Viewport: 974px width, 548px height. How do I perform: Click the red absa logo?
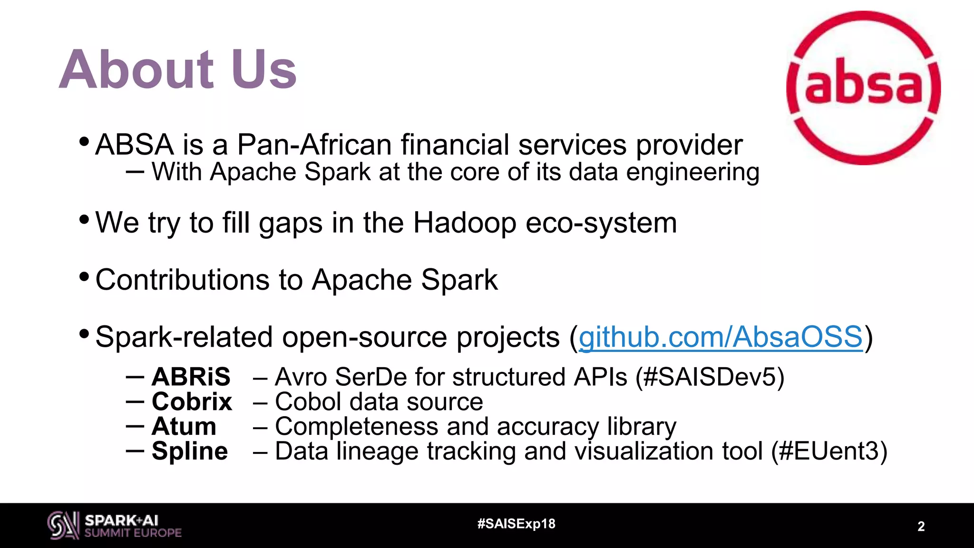pos(863,88)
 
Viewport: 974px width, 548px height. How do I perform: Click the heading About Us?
pos(178,69)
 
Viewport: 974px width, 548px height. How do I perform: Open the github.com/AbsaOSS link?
pos(720,337)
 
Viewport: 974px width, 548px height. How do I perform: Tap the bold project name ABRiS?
pos(191,377)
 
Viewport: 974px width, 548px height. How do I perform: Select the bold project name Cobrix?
pos(192,401)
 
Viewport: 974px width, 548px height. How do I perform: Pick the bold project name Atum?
pos(184,426)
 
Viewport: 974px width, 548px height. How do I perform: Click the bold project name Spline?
pos(189,451)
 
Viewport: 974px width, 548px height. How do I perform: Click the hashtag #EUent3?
pos(829,451)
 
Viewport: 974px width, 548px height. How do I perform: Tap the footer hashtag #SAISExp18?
pos(516,524)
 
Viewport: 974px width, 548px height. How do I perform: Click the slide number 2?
pos(921,527)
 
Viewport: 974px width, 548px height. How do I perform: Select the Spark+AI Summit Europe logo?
pos(114,526)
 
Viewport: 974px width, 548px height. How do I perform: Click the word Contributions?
pos(182,279)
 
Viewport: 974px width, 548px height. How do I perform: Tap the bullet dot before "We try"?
pos(84,219)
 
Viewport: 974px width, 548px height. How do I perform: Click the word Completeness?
pos(356,426)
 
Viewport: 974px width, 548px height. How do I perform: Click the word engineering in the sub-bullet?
pos(692,172)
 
